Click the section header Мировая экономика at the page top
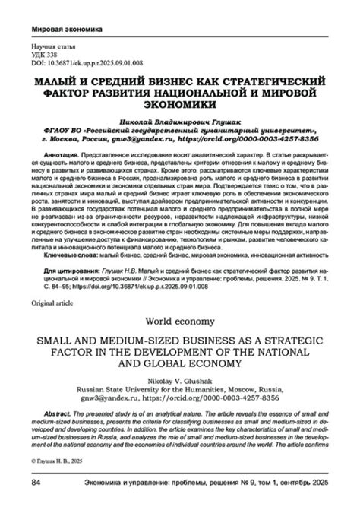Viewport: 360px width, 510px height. point(67,31)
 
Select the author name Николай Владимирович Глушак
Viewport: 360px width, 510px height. point(180,121)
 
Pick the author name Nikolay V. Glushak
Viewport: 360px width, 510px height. point(180,379)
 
